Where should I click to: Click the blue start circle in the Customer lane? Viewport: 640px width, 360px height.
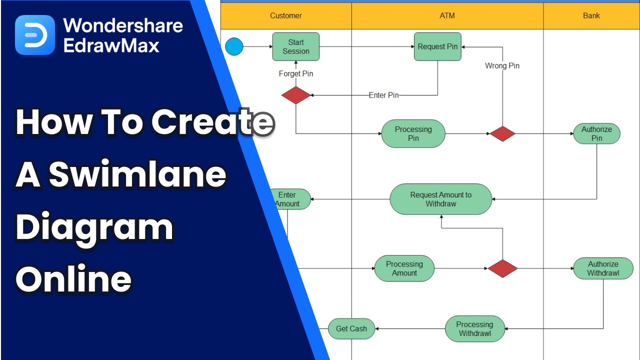pyautogui.click(x=234, y=47)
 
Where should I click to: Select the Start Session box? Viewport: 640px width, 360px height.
pyautogui.click(x=296, y=47)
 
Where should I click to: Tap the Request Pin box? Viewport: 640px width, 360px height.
pyautogui.click(x=437, y=46)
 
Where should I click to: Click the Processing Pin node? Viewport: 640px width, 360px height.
pyautogui.click(x=413, y=133)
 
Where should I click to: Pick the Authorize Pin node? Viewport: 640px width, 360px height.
pyautogui.click(x=596, y=134)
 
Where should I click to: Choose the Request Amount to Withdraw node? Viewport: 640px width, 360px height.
pyautogui.click(x=440, y=199)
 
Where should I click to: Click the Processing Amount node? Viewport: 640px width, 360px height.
pyautogui.click(x=404, y=268)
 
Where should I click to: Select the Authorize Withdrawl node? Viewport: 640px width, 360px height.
pyautogui.click(x=603, y=268)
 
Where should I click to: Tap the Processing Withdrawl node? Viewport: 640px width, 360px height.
pyautogui.click(x=474, y=328)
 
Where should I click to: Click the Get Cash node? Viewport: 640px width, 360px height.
pyautogui.click(x=351, y=328)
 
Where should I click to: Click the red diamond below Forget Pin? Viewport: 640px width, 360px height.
pyautogui.click(x=296, y=95)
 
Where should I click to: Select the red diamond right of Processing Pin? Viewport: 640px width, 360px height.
pyautogui.click(x=502, y=133)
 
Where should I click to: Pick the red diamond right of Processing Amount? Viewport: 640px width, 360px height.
pyautogui.click(x=502, y=268)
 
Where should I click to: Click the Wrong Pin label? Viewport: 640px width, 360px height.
pyautogui.click(x=502, y=65)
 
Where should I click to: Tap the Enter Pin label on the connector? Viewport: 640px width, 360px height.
pyautogui.click(x=383, y=95)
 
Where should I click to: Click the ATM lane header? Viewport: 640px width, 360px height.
pyautogui.click(x=447, y=15)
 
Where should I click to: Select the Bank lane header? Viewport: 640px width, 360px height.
pyautogui.click(x=591, y=15)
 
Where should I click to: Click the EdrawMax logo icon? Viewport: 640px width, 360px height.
pyautogui.click(x=34, y=35)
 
